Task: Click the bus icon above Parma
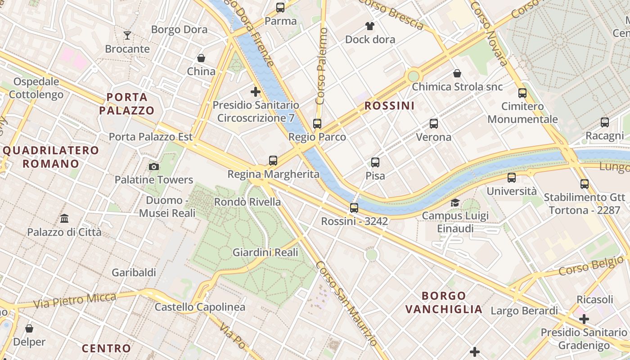pyautogui.click(x=280, y=7)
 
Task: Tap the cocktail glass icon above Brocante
pyautogui.click(x=127, y=35)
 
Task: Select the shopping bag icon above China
pyautogui.click(x=201, y=58)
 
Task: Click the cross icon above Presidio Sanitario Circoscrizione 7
pyautogui.click(x=256, y=92)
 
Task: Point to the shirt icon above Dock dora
pyautogui.click(x=370, y=26)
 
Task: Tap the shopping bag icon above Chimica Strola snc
pyautogui.click(x=457, y=73)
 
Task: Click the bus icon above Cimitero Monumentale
pyautogui.click(x=522, y=93)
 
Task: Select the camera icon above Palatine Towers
pyautogui.click(x=154, y=166)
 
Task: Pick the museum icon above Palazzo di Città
pyautogui.click(x=64, y=219)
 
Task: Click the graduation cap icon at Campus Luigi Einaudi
pyautogui.click(x=455, y=202)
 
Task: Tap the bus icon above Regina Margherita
pyautogui.click(x=273, y=160)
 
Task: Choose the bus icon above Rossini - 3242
pyautogui.click(x=354, y=207)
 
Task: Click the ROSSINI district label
pyautogui.click(x=389, y=106)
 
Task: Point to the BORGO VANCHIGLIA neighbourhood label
pyautogui.click(x=444, y=302)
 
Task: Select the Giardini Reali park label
pyautogui.click(x=265, y=252)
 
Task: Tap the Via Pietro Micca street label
pyautogui.click(x=75, y=300)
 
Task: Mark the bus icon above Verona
pyautogui.click(x=434, y=123)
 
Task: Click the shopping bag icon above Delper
pyautogui.click(x=29, y=328)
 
